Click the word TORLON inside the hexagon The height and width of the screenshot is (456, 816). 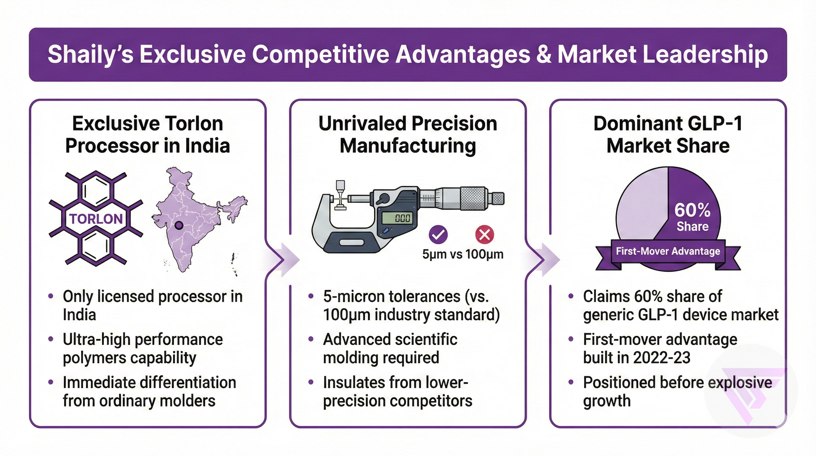point(96,219)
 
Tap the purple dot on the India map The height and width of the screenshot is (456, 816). point(179,225)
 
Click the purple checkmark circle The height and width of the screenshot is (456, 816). point(438,234)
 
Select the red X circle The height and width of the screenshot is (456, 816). point(485,235)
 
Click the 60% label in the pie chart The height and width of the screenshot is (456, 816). point(692,210)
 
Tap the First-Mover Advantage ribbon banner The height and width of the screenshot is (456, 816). point(668,251)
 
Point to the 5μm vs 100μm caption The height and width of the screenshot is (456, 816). point(463,254)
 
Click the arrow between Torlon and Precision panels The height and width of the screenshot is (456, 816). point(285,260)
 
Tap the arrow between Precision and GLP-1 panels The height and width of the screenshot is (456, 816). point(546,260)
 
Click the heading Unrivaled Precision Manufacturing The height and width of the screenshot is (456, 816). point(408,134)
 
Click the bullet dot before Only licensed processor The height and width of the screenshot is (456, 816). point(51,296)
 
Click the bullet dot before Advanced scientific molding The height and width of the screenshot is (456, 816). point(311,339)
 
